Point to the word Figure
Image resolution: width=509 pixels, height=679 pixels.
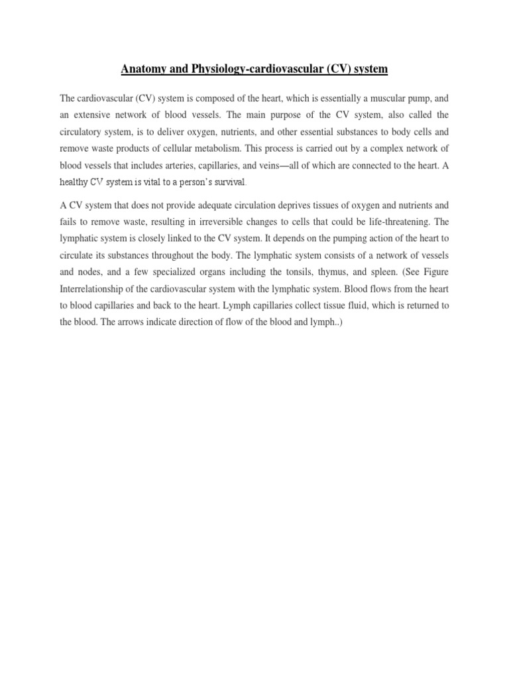[x=435, y=271]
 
